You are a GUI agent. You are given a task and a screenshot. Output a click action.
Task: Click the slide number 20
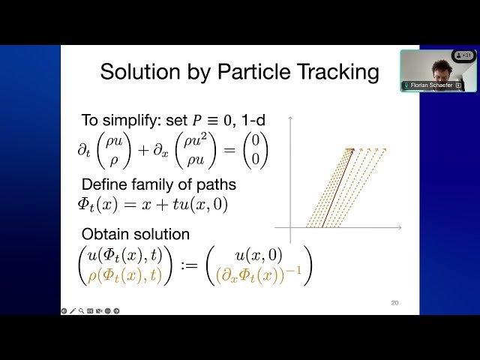click(x=394, y=303)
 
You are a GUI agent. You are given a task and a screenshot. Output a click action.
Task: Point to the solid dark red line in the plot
click(x=335, y=187)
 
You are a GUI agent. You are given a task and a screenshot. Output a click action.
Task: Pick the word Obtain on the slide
click(x=103, y=235)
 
